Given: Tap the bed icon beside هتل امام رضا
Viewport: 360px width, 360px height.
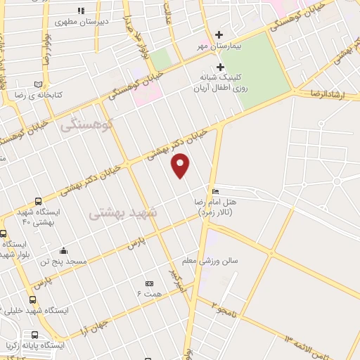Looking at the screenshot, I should (215, 192).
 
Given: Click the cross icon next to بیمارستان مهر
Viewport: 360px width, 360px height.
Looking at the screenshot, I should (220, 34).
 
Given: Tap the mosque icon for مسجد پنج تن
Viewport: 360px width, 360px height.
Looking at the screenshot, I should (64, 251).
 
